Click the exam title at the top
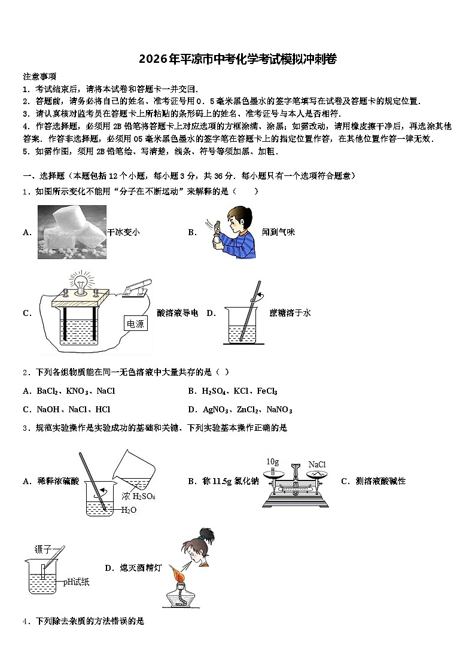tap(237, 59)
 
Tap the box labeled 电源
tap(136, 324)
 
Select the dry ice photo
tap(72, 232)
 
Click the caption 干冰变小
tap(123, 232)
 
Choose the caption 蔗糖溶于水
tap(290, 312)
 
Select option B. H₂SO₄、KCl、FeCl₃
tap(232, 391)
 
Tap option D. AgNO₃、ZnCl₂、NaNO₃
tap(239, 410)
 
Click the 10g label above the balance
tap(273, 461)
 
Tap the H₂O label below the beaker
tap(129, 510)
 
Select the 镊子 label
tap(43, 549)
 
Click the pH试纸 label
tap(76, 582)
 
